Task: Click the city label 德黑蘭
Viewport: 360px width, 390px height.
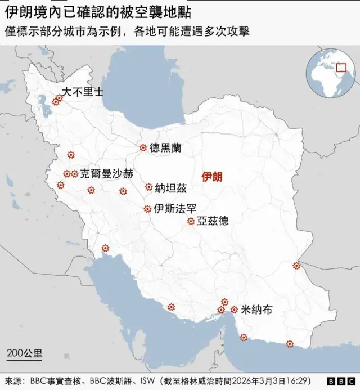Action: [x=165, y=147]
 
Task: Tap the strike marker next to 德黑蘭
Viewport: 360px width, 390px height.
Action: [x=143, y=147]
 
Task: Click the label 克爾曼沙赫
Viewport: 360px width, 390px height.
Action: [x=107, y=174]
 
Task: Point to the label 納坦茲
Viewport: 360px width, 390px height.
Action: [x=170, y=187]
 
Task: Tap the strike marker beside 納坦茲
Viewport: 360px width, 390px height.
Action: [x=148, y=187]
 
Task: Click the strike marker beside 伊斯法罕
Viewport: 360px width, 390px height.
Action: [x=147, y=209]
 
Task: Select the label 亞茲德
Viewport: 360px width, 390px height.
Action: [x=213, y=221]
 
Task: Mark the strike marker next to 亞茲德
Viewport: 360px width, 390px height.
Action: [x=191, y=221]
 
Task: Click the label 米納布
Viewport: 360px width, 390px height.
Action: [x=256, y=310]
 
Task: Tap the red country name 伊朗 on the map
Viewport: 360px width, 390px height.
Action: [x=212, y=177]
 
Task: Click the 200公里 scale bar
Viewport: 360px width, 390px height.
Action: [x=24, y=355]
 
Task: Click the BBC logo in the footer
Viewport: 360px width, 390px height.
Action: [x=338, y=381]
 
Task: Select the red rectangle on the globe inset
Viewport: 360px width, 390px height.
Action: [x=340, y=68]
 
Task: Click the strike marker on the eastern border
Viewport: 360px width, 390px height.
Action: [x=296, y=266]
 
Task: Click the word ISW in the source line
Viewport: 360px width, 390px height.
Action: [x=147, y=380]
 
